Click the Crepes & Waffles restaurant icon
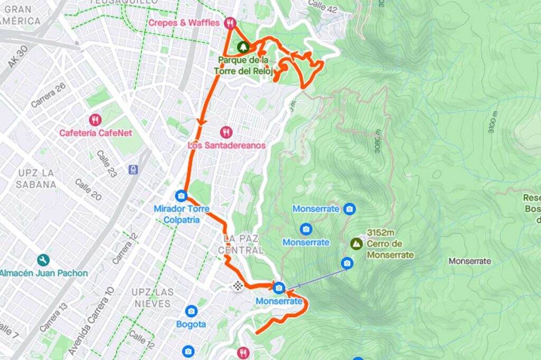tap(229, 23)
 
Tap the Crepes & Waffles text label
tap(183, 23)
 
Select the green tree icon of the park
tap(242, 47)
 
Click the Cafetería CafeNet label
tap(96, 133)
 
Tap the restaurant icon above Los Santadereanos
tap(226, 132)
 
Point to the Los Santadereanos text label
tap(227, 145)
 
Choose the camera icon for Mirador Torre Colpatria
tap(181, 196)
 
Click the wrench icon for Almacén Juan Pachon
tap(43, 260)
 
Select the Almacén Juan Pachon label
tap(43, 273)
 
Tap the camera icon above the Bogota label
tap(191, 311)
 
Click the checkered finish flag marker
tap(238, 286)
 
